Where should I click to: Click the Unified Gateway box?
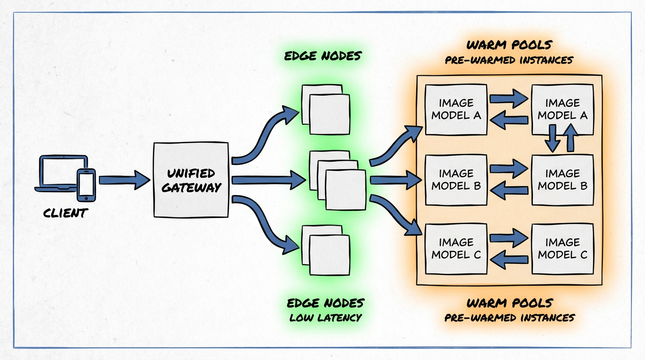point(191,180)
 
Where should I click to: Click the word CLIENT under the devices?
point(66,213)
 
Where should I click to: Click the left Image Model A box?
point(456,109)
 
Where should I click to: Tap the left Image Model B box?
point(456,180)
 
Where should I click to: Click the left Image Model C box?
point(456,249)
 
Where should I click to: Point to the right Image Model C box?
point(562,249)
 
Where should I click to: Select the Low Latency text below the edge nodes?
point(325,317)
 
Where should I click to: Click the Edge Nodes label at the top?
point(323,56)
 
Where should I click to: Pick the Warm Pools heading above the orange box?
point(509,45)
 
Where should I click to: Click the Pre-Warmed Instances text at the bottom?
point(509,318)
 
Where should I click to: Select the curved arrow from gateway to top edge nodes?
point(262,136)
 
